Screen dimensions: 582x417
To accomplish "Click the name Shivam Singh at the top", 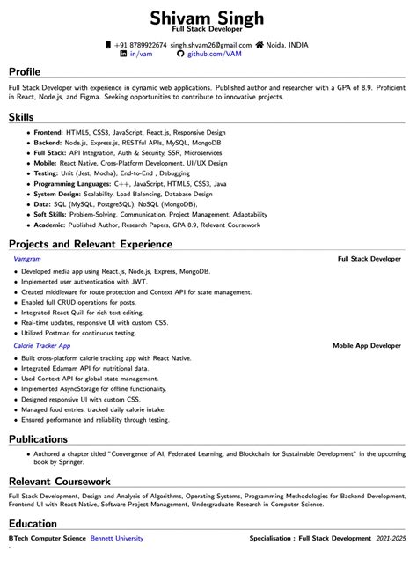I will tap(208, 18).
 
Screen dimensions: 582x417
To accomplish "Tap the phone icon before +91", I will tap(108, 44).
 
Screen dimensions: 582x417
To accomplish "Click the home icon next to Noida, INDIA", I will tap(260, 44).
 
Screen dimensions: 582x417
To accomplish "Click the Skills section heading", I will tap(22, 116).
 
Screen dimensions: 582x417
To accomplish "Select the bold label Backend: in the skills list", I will tap(48, 142).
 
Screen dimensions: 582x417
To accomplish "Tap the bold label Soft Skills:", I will tap(51, 214).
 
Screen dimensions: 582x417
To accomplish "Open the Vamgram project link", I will tap(28, 260).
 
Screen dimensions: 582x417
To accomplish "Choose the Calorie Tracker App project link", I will tap(42, 346).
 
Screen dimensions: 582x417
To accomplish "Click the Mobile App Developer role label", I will tap(367, 346).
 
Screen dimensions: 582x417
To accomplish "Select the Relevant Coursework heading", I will tap(60, 482).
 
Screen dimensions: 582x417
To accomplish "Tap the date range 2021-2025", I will tap(391, 537).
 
